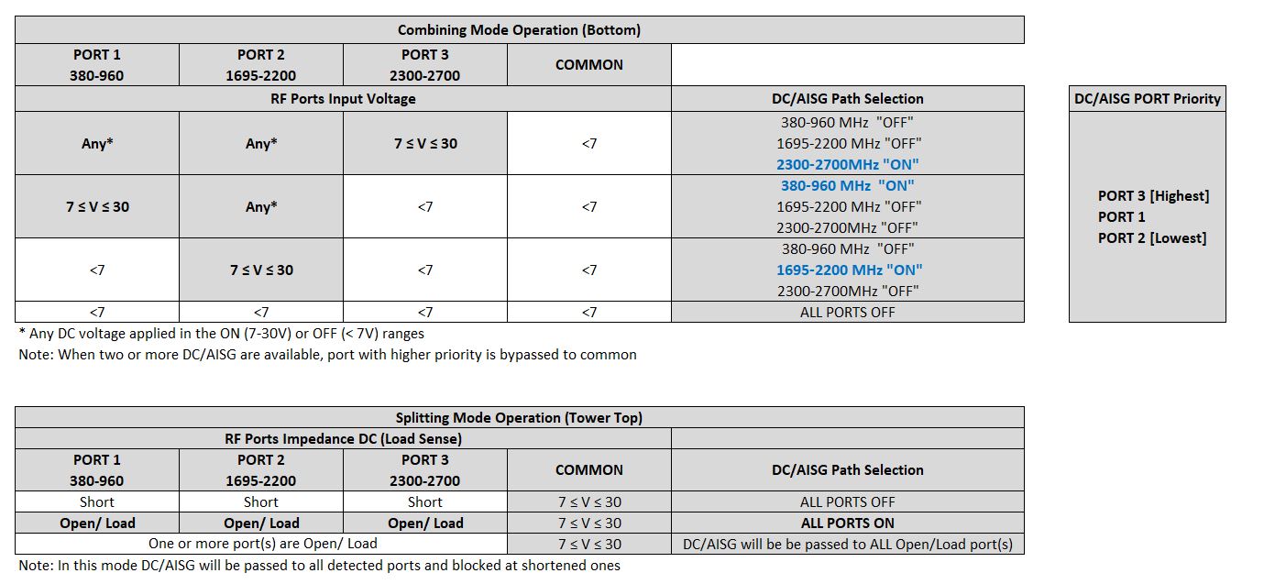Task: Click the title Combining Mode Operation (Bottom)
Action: [x=519, y=30]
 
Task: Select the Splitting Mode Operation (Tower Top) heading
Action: [x=519, y=418]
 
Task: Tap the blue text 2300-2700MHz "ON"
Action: [x=847, y=165]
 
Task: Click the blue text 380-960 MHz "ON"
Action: [x=847, y=185]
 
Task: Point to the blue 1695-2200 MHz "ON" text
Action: [x=847, y=270]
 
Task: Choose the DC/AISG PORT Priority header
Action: [x=1147, y=99]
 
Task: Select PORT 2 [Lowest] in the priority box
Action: [x=1152, y=238]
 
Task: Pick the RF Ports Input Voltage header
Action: [x=343, y=99]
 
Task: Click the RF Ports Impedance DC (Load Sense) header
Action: [x=343, y=439]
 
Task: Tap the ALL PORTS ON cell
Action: [x=847, y=523]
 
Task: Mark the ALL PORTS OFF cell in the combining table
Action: [x=847, y=312]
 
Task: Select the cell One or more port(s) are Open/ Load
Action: [x=262, y=544]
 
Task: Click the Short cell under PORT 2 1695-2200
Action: [x=261, y=502]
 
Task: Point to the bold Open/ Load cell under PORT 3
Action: [x=425, y=523]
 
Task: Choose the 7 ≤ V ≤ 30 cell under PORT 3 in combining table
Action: [x=425, y=144]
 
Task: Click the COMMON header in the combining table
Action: [x=588, y=65]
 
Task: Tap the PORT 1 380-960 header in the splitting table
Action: [x=97, y=470]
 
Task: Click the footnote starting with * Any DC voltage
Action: [x=221, y=334]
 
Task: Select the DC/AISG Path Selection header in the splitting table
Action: [x=847, y=470]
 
